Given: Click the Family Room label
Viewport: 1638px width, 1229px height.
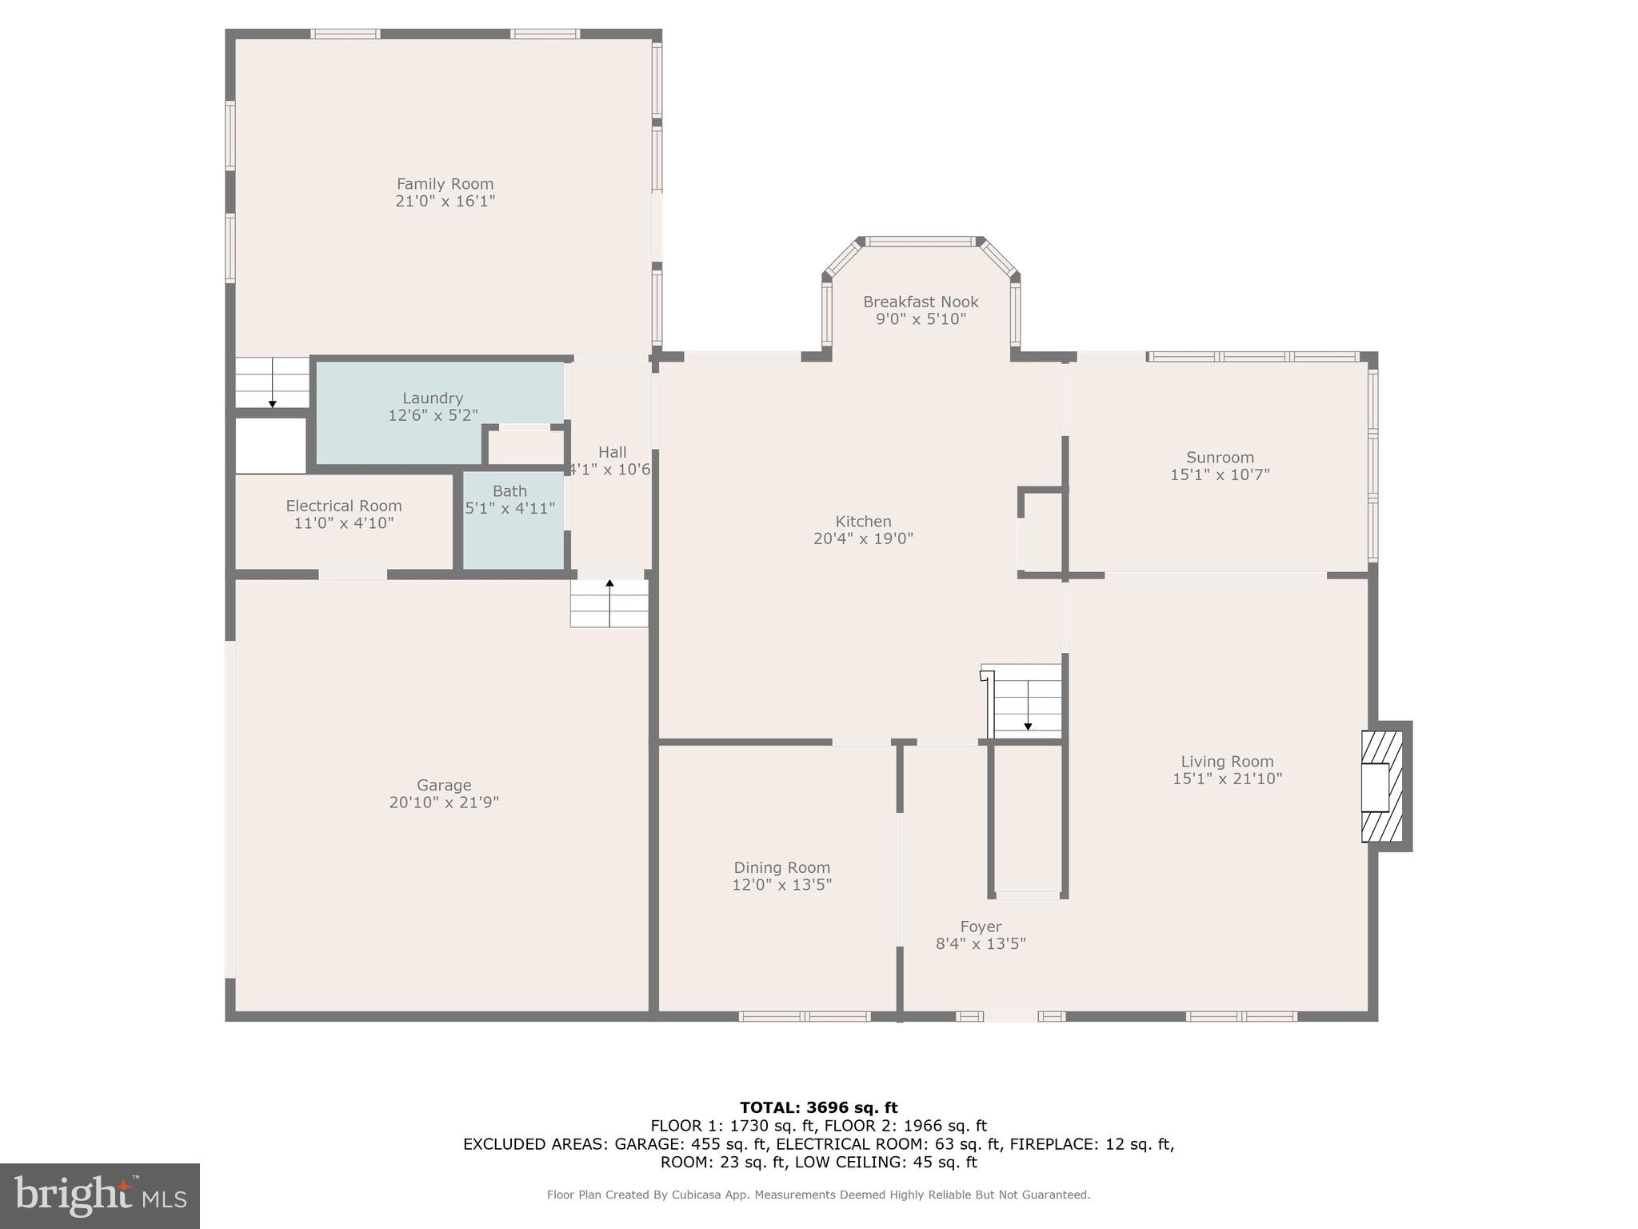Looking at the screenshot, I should tap(445, 184).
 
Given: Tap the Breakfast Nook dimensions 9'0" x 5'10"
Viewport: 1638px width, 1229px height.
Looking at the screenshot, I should tap(921, 319).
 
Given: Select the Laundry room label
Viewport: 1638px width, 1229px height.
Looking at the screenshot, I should tap(433, 398).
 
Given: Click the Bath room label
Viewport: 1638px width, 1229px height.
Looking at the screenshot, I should tap(509, 491).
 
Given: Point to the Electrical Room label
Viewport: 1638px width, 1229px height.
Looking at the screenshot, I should tap(344, 506).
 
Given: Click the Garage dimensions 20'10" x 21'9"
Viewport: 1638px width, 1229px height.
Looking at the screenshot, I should tap(444, 803).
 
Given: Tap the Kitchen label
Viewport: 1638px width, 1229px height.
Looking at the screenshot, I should tap(863, 522).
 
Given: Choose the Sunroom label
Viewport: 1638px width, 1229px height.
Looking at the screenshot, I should tap(1220, 458).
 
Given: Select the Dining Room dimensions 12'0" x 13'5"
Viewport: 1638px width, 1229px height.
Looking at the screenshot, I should tap(781, 885).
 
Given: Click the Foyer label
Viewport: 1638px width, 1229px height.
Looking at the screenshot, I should tap(981, 927).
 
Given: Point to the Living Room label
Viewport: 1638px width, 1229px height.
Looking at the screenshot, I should tap(1227, 762).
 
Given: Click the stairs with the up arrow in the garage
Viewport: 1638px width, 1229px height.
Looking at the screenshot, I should tap(609, 603).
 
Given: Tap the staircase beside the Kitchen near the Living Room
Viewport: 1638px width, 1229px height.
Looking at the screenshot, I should tap(1027, 702).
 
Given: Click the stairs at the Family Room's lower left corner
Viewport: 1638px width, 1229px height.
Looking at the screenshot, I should tap(272, 382).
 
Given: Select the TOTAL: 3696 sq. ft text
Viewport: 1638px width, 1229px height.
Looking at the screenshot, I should tap(818, 1108).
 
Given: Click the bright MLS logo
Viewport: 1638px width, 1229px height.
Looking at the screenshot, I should tap(100, 1195).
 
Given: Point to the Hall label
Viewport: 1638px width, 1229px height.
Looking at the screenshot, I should tap(612, 452).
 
